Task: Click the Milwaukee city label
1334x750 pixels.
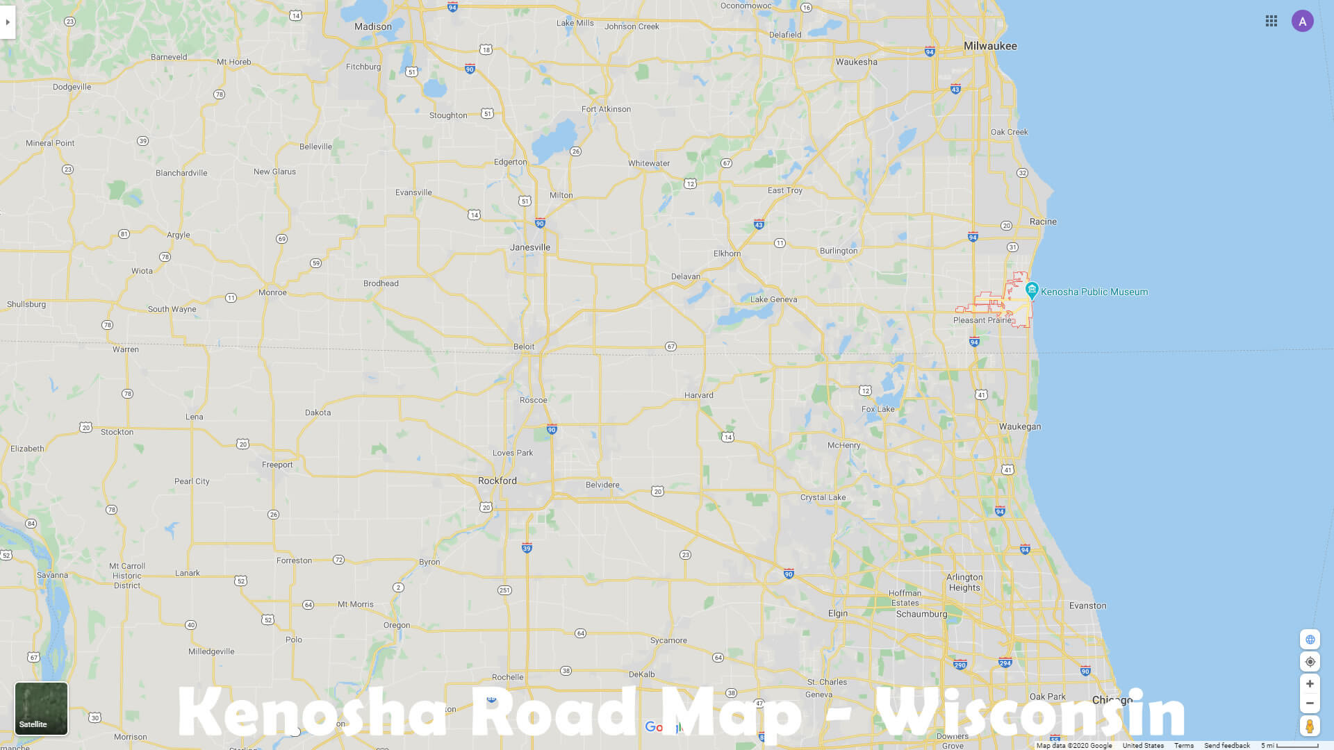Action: [990, 46]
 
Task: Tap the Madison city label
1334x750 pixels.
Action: [373, 26]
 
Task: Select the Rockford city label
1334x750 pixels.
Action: [497, 481]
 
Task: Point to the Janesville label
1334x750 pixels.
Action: [530, 247]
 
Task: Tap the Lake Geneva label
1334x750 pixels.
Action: [773, 299]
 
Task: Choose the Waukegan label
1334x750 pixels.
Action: [1020, 426]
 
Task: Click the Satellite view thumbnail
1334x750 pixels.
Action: [42, 708]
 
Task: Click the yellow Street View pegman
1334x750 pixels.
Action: [1310, 726]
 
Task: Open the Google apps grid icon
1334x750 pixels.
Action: [1271, 22]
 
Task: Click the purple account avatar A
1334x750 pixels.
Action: [1303, 22]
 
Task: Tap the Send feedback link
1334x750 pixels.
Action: [1227, 745]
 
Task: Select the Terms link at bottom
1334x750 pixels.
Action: [1184, 745]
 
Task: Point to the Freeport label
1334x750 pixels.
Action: [277, 465]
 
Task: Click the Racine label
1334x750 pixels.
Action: [1043, 222]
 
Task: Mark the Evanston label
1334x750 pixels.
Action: [1087, 606]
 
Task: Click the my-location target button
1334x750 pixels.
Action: [1310, 662]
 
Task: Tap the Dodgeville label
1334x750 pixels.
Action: [72, 87]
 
